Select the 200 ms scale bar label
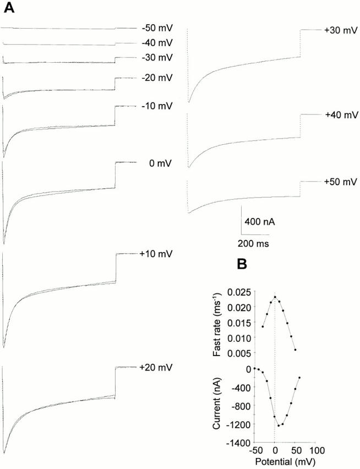[x=253, y=242]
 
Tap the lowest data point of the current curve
[x=279, y=426]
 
